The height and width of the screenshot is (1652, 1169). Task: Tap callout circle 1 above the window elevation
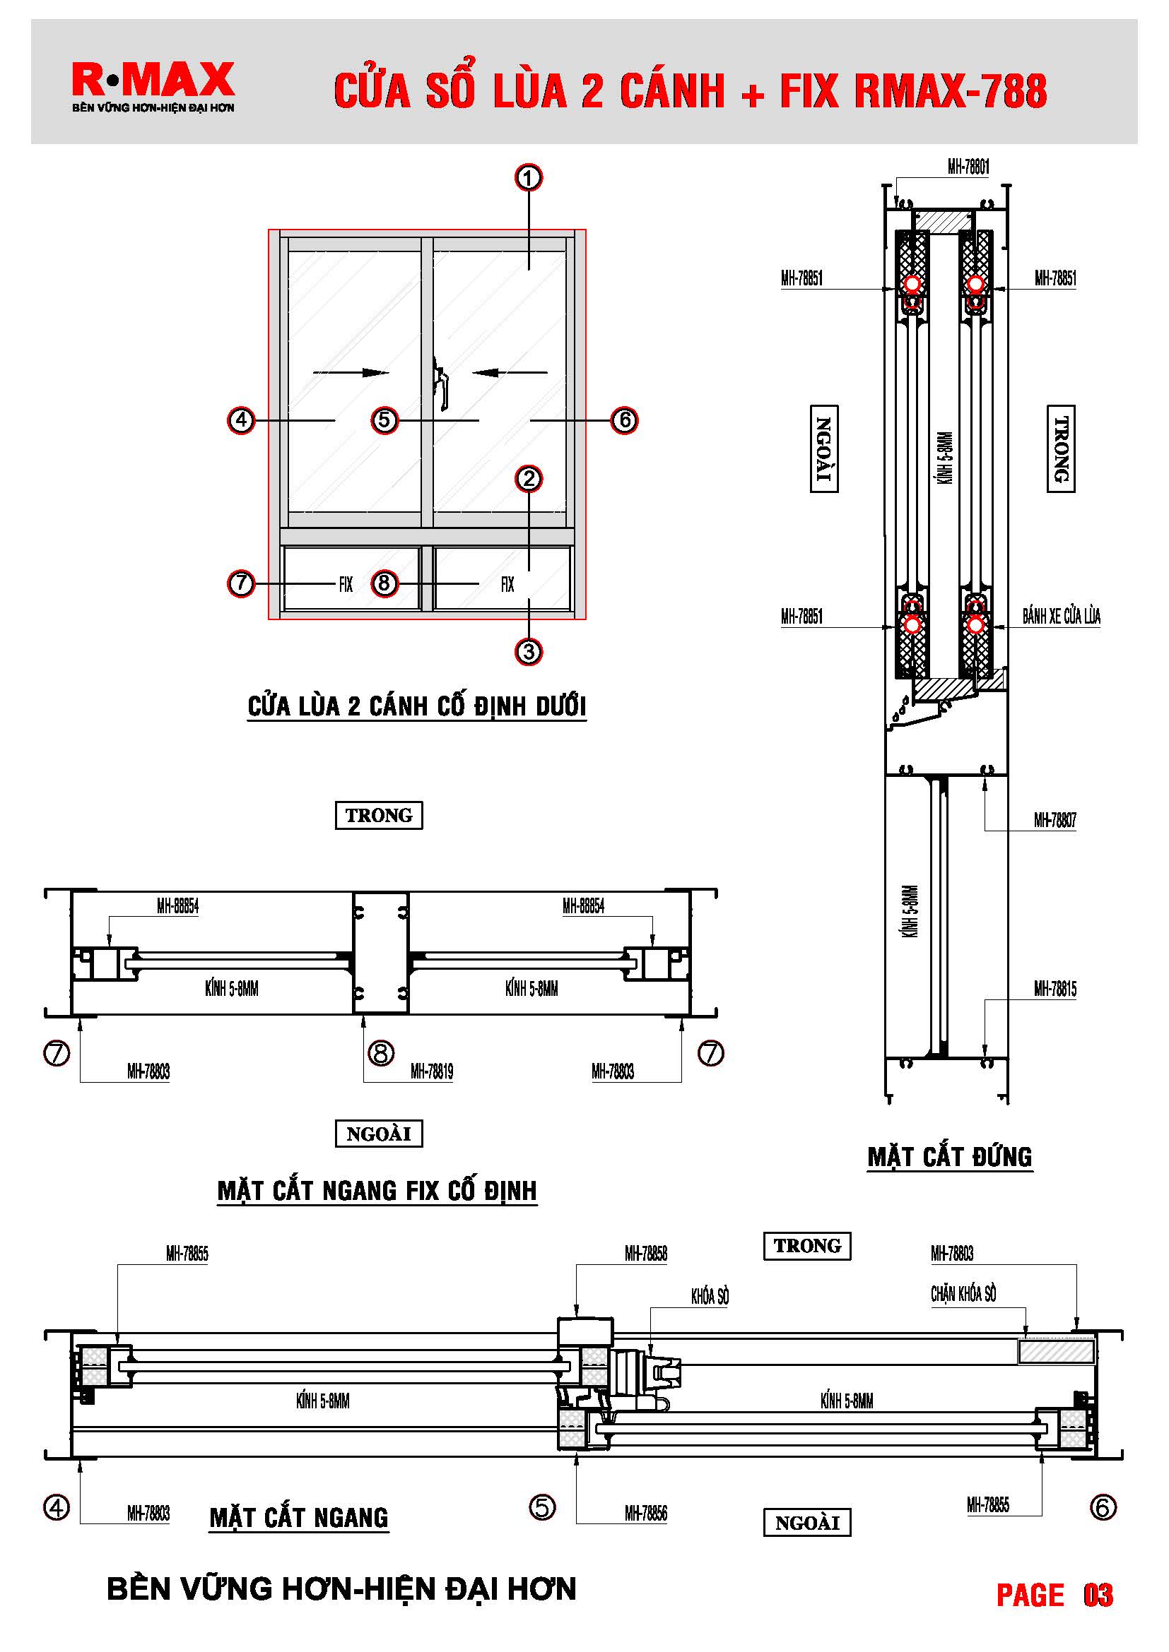point(529,178)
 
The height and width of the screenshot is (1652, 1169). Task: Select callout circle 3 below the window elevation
point(529,652)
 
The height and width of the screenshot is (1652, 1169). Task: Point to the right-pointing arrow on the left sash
point(351,373)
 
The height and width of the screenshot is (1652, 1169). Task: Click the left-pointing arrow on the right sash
point(510,373)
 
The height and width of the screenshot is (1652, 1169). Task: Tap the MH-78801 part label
point(968,167)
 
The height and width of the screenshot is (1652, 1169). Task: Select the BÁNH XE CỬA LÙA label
point(1061,617)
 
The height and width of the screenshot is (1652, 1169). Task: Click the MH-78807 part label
point(1055,820)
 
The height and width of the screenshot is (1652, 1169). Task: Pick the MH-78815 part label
point(1055,990)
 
